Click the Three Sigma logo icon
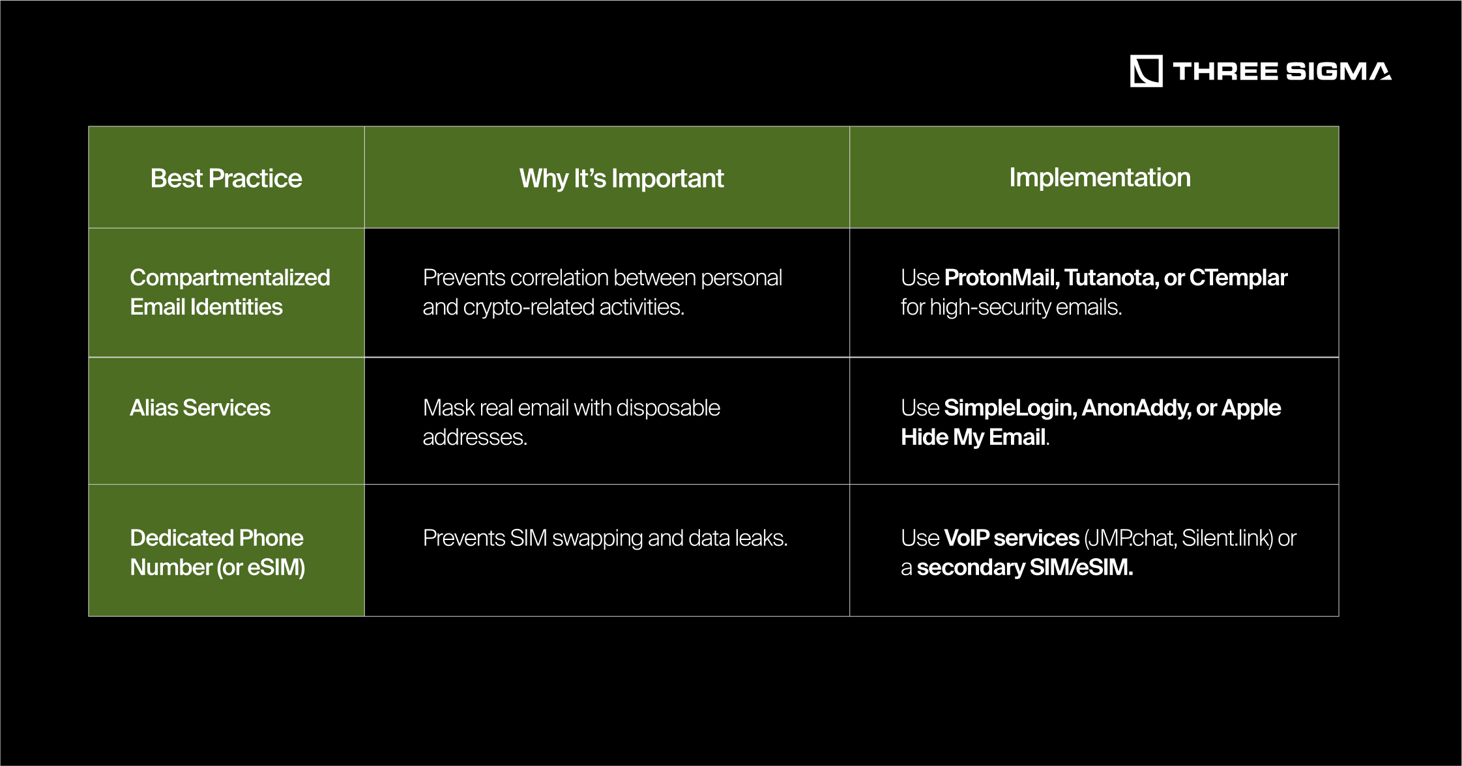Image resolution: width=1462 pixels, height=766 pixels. point(1146,71)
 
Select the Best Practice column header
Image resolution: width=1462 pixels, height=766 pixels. point(226,178)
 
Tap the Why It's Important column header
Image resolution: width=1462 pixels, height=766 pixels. point(621,178)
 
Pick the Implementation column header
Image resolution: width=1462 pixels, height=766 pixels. point(1100,177)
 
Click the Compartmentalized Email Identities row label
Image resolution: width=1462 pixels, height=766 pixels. point(230,292)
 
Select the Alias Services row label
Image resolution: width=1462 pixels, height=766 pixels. point(200,408)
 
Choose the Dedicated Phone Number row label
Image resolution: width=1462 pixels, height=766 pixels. point(218,552)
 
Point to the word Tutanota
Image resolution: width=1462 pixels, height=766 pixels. point(1112,277)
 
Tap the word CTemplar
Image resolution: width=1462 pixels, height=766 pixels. point(1238,278)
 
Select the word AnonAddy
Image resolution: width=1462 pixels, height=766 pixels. point(1136,408)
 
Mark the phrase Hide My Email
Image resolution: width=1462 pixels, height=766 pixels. point(973,437)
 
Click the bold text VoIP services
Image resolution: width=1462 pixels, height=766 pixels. point(1012,538)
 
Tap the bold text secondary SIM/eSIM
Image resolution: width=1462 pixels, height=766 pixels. point(1025,567)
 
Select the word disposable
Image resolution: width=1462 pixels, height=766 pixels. point(668,408)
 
